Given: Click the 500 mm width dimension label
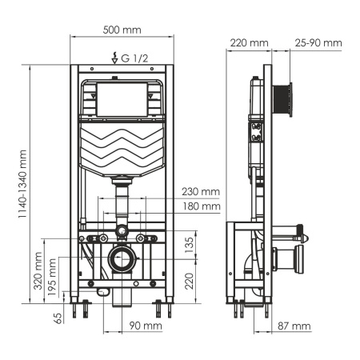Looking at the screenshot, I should (x=122, y=30).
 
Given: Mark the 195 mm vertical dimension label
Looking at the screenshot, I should (x=53, y=278).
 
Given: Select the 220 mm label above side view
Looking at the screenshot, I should (x=248, y=42).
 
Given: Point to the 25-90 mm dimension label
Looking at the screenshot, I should (x=318, y=42).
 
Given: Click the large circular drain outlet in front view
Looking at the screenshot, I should (x=123, y=260).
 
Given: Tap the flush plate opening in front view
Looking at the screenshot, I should (x=122, y=98).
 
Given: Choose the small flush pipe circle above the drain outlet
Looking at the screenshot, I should (x=122, y=233).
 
